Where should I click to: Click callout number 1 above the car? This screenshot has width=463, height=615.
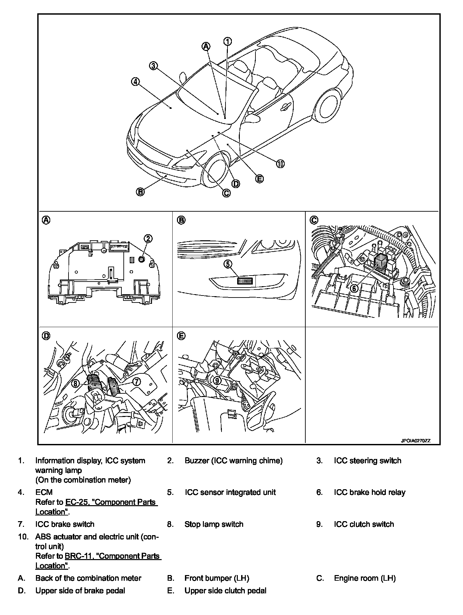228,41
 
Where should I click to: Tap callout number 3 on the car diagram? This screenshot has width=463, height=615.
153,66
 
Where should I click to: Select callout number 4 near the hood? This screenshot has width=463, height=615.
135,82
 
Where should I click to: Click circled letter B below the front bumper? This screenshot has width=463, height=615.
140,192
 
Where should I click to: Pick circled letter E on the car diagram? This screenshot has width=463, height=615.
259,179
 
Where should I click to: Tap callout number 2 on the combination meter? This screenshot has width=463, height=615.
148,238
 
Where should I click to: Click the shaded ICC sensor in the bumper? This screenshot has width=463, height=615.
245,281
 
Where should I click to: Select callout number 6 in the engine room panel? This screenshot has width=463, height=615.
355,288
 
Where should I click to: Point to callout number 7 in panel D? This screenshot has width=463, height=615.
137,382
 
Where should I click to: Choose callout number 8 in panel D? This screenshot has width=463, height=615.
76,384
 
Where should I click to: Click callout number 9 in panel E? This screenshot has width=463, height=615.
217,380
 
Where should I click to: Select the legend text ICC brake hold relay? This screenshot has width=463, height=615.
370,493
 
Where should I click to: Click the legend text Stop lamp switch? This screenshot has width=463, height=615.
214,524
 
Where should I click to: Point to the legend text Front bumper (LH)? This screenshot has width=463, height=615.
217,578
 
